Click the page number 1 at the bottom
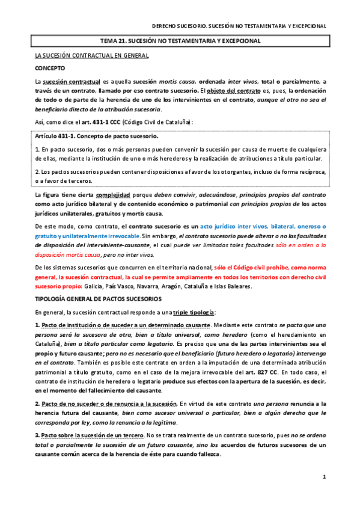323,477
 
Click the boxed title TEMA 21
180,41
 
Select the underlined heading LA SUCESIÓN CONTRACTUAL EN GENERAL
92,55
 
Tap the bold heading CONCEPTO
50,68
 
